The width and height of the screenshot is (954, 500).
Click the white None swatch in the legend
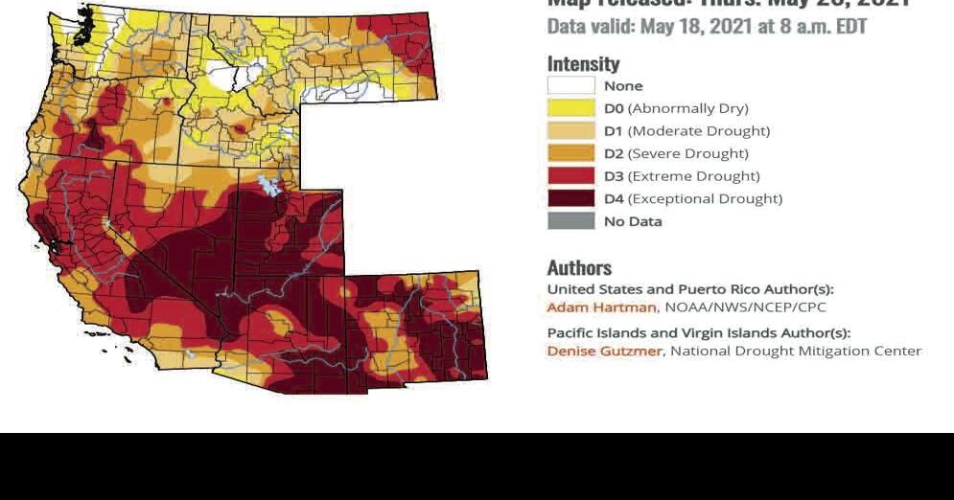click(x=570, y=86)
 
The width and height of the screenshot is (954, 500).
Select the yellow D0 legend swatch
click(x=570, y=108)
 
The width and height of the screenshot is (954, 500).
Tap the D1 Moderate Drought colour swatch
click(x=570, y=131)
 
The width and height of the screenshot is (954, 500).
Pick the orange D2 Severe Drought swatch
click(x=570, y=153)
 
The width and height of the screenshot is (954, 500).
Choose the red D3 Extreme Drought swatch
click(x=570, y=176)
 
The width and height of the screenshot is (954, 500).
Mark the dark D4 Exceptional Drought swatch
click(x=570, y=198)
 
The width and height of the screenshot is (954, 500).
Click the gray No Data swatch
click(x=570, y=221)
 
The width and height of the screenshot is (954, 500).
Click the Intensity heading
click(x=583, y=64)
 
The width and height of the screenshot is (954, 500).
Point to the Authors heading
click(x=579, y=268)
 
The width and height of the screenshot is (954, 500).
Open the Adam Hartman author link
click(x=601, y=307)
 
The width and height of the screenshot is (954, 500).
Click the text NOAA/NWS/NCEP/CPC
click(x=745, y=307)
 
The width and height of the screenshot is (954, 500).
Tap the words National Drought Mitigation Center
click(x=796, y=351)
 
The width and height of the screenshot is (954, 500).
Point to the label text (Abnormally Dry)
click(x=687, y=108)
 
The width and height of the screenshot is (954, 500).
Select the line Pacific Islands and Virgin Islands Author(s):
click(x=698, y=333)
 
